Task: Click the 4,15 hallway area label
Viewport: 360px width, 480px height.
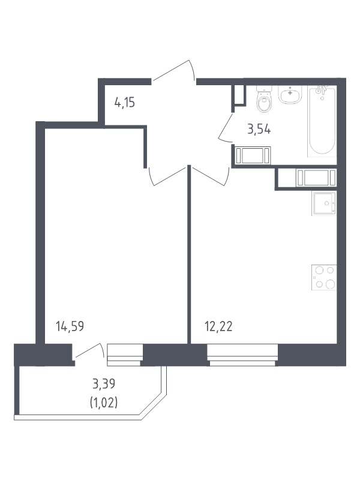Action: [x=125, y=102]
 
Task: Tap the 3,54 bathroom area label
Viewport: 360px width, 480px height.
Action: [x=259, y=130]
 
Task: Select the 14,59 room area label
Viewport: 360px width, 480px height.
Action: [x=70, y=326]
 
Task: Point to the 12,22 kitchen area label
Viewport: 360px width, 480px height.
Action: [x=218, y=326]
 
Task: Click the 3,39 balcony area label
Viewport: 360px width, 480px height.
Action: [x=104, y=383]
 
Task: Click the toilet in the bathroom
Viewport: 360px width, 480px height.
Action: [x=264, y=98]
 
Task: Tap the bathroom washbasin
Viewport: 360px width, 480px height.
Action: [x=290, y=94]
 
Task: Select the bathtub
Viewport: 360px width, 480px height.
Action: [x=322, y=121]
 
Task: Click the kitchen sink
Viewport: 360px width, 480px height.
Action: [x=324, y=203]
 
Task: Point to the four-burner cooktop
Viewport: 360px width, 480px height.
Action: [x=324, y=277]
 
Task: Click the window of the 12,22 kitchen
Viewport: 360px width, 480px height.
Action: [x=242, y=355]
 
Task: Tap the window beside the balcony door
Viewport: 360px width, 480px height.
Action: [x=125, y=355]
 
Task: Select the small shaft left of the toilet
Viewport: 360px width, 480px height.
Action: [x=239, y=95]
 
